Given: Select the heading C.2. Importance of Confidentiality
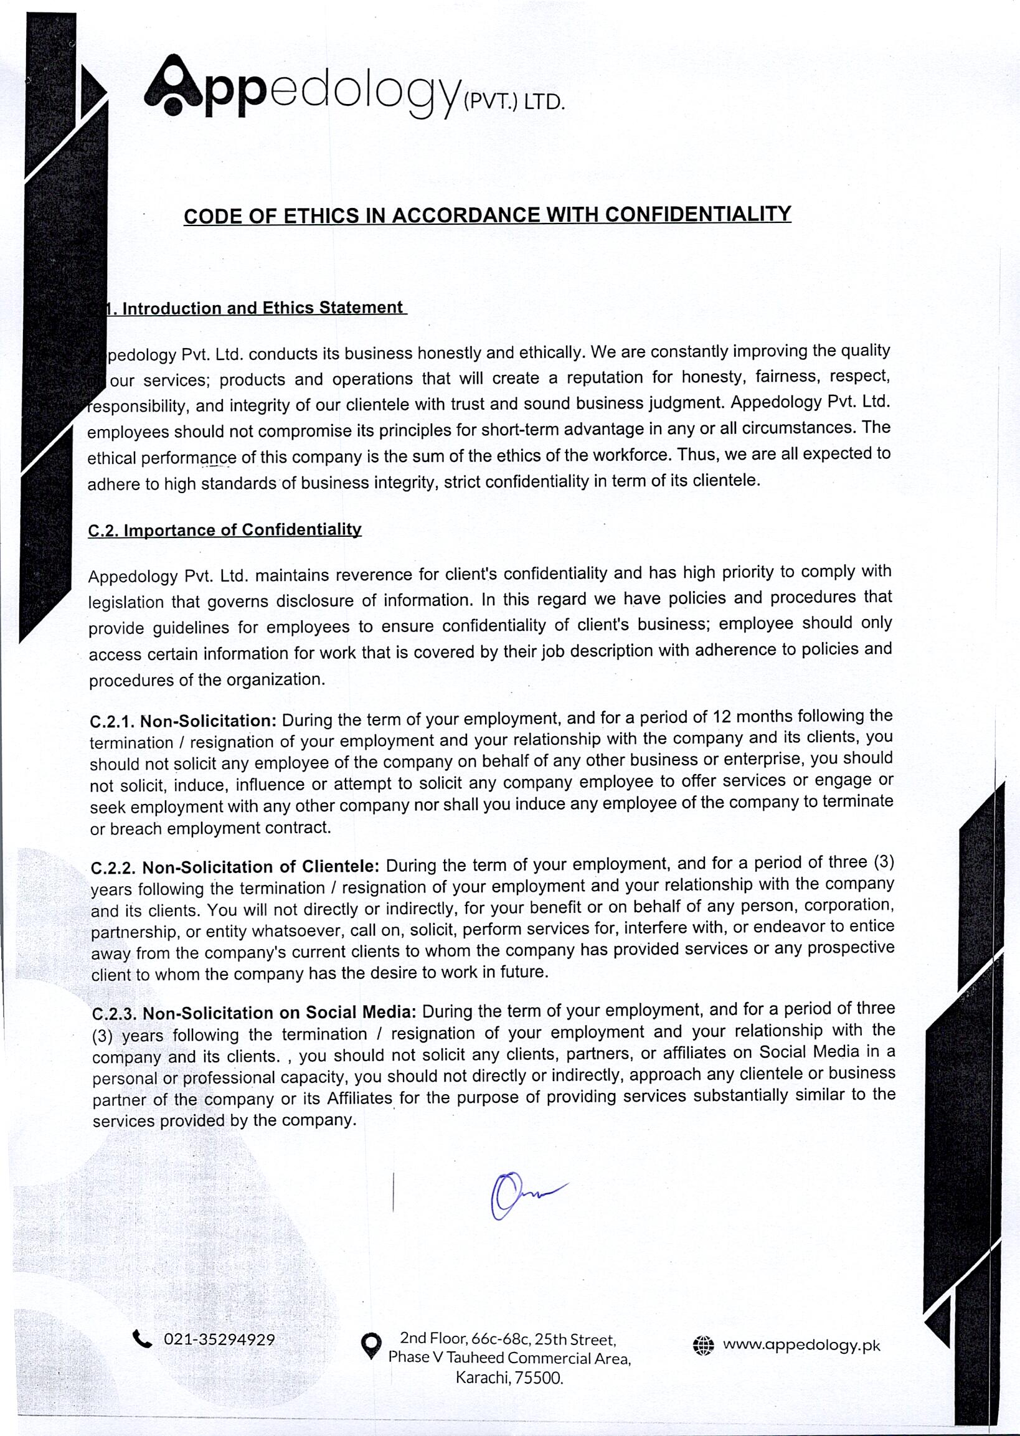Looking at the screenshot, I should [x=225, y=529].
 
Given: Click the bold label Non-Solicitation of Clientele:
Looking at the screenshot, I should [x=261, y=867].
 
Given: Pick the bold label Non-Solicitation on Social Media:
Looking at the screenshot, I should [x=280, y=1013].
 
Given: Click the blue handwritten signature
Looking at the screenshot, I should [x=522, y=1194].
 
